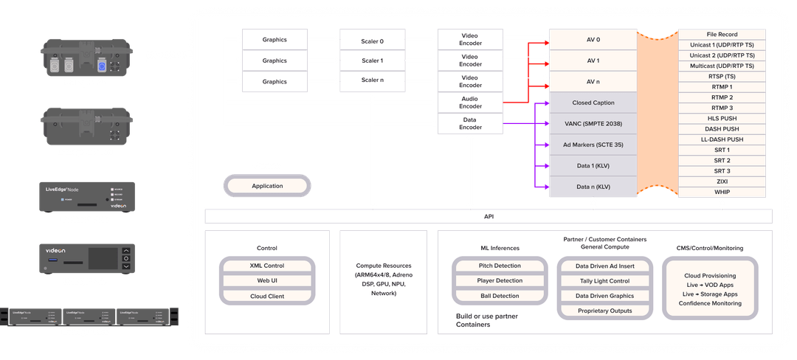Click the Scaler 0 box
373,39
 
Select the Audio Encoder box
470,103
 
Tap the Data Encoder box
470,123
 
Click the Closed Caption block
592,103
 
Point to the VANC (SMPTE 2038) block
592,123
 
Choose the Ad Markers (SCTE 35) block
592,145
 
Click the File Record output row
721,35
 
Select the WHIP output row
721,192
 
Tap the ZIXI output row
721,181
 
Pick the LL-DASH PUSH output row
721,139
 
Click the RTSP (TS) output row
721,77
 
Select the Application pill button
267,186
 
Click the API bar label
488,217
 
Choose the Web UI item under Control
267,281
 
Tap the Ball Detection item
500,296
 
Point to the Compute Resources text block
383,279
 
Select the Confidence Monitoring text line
709,303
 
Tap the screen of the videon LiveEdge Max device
102,258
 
